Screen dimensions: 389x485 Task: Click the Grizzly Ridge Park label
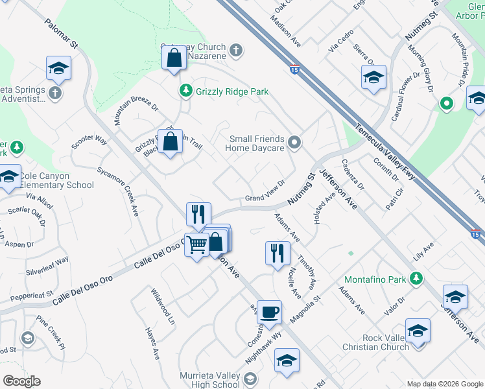pos(232,92)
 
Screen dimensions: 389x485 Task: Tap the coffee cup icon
pos(269,312)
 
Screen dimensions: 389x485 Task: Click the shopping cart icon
pos(196,244)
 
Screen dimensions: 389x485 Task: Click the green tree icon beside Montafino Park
pos(418,279)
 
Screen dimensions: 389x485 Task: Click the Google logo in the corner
pos(22,381)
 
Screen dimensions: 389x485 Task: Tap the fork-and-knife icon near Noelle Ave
pos(278,252)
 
